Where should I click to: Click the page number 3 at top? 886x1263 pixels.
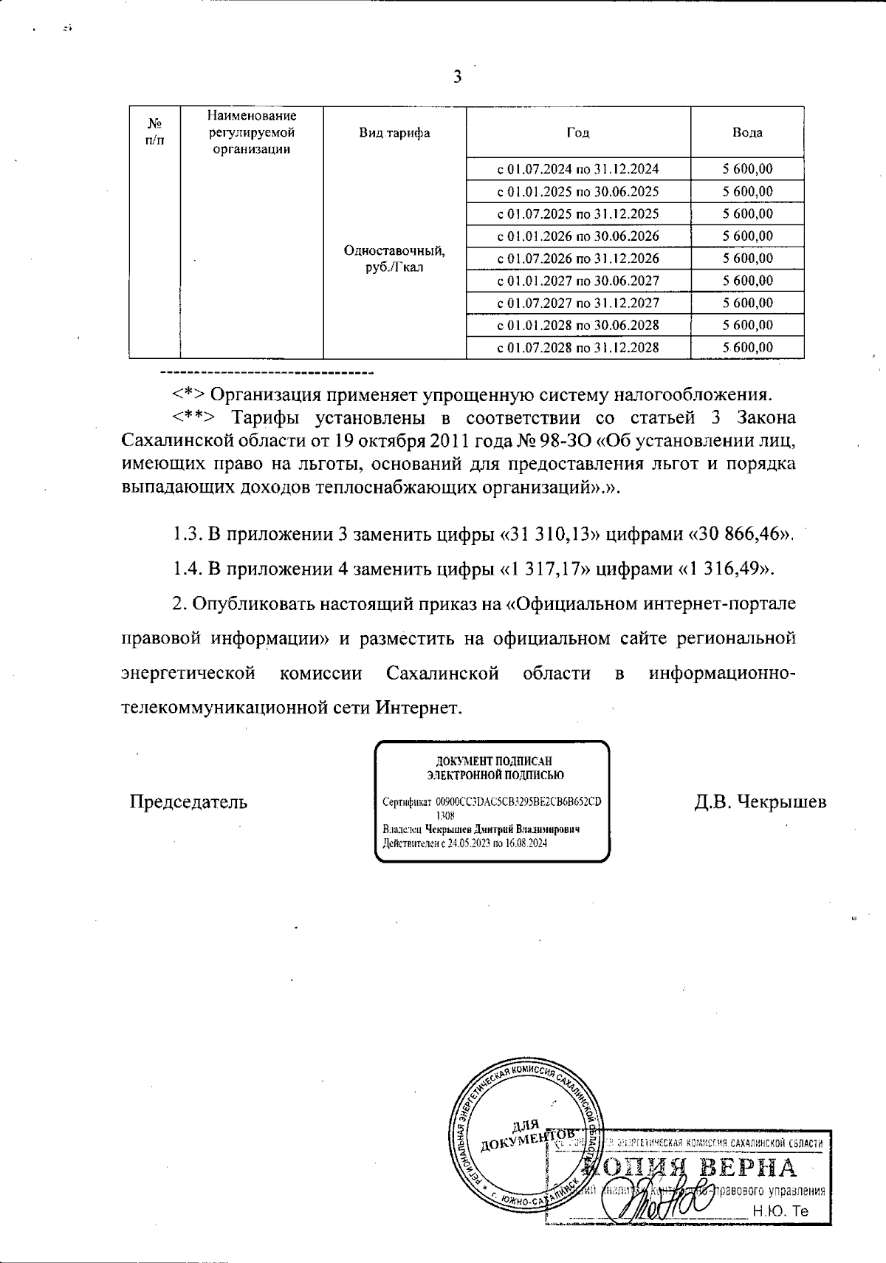click(457, 77)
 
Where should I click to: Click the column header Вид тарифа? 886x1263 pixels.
click(394, 133)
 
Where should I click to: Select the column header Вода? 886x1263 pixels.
click(747, 133)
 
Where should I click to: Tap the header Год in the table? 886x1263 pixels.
click(577, 133)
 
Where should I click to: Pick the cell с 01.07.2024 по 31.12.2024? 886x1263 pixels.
click(577, 169)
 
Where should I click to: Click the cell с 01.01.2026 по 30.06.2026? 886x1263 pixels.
click(577, 236)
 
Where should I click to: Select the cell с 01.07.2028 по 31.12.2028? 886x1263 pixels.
click(577, 348)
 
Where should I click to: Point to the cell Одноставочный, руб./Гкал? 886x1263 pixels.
click(394, 259)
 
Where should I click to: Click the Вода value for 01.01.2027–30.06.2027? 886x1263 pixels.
click(747, 281)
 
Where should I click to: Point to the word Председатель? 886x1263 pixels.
click(188, 802)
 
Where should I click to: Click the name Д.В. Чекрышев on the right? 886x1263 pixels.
click(760, 802)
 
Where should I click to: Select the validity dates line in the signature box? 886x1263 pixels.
click(464, 843)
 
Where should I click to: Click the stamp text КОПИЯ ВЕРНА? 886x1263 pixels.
click(690, 1169)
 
